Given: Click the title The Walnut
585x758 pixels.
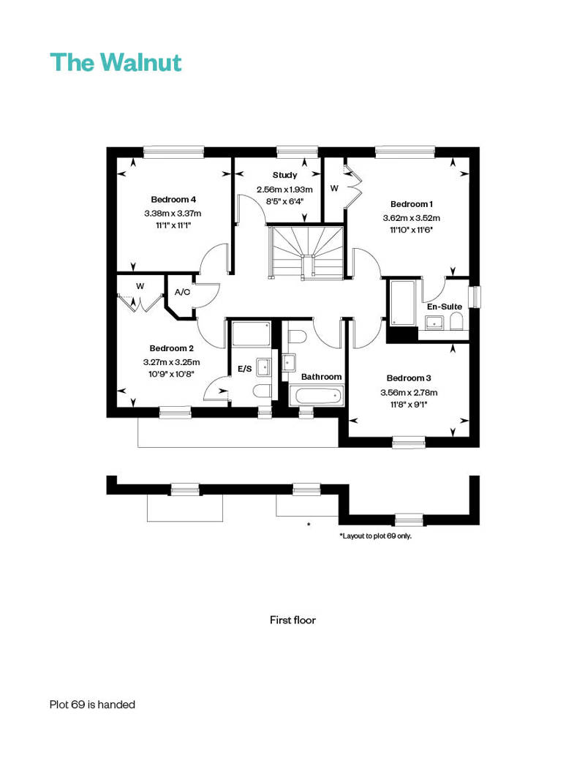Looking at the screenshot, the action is (x=116, y=62).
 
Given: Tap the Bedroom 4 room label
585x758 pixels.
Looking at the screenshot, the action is (x=173, y=199).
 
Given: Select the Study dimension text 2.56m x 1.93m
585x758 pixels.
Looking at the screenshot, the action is (x=284, y=189).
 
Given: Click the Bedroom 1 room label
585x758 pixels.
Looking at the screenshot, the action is (x=412, y=204).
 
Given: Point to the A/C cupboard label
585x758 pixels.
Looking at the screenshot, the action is (x=182, y=292).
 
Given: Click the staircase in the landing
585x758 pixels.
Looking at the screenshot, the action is (x=306, y=252).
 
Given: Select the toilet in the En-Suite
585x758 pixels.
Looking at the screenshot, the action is (x=456, y=321).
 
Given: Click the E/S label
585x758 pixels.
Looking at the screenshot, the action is (x=245, y=369).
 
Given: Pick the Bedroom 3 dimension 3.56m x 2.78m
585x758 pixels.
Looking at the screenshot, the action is (x=409, y=392).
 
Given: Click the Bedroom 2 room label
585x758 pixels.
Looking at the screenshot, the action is (x=172, y=348).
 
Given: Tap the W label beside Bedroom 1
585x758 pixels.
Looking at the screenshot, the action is (x=334, y=188).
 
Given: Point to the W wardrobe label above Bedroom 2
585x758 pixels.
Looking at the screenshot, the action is (x=140, y=286).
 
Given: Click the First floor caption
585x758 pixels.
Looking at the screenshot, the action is (x=292, y=620).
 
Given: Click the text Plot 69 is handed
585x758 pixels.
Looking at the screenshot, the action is (x=92, y=705).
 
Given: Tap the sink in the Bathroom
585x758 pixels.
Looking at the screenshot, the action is (x=289, y=362).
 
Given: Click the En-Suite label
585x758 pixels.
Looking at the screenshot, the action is (x=445, y=307).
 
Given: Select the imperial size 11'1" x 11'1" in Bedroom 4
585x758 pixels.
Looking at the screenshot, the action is (x=173, y=225).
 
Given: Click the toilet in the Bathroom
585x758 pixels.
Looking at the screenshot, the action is (x=295, y=337).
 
